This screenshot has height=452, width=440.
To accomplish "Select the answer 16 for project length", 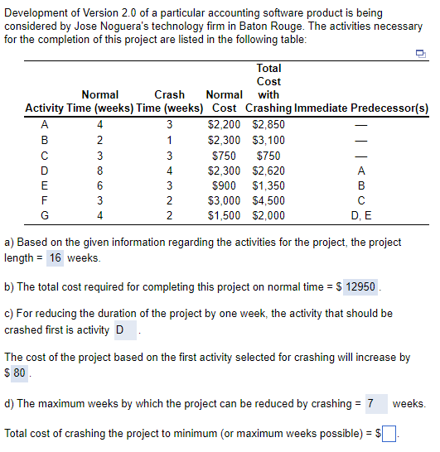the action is [x=55, y=257].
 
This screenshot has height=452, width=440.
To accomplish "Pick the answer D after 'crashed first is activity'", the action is [x=120, y=330].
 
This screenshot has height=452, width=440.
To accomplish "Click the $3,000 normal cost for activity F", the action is [x=224, y=200].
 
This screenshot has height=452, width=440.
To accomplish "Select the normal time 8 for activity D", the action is [x=99, y=170].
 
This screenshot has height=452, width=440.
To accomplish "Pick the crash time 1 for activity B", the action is [x=169, y=140].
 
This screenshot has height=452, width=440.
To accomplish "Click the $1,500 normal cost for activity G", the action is [x=224, y=215].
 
